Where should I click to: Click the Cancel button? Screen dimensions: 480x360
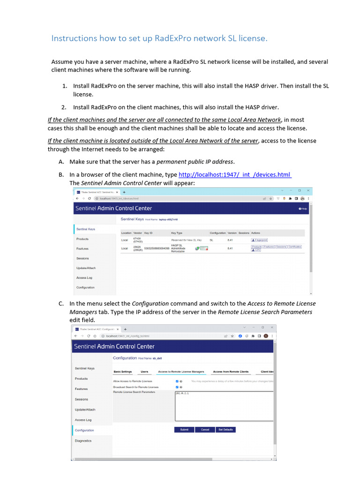pyautogui.click(x=205, y=430)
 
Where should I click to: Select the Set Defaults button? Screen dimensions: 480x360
pyautogui.click(x=225, y=430)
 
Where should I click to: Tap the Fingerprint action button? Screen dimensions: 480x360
pyautogui.click(x=259, y=240)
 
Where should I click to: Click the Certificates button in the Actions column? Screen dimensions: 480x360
pyautogui.click(x=295, y=247)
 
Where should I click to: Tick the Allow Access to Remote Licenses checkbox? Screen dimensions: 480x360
pyautogui.click(x=177, y=382)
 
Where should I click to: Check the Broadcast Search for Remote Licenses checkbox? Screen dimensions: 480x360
pyautogui.click(x=177, y=387)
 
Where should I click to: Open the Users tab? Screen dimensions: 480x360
pyautogui.click(x=144, y=372)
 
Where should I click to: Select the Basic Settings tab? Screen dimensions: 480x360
pyautogui.click(x=123, y=372)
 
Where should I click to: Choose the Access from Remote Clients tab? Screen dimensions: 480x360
pyautogui.click(x=231, y=372)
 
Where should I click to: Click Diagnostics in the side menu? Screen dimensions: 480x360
pyautogui.click(x=83, y=441)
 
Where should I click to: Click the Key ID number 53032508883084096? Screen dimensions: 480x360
pyautogui.click(x=157, y=248)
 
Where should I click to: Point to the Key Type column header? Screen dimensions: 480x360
pyautogui.click(x=177, y=233)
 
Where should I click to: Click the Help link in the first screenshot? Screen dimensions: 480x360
pyautogui.click(x=303, y=209)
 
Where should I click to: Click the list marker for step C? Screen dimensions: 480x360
pyautogui.click(x=61, y=304)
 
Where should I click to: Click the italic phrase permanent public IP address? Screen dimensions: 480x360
pyautogui.click(x=195, y=162)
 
